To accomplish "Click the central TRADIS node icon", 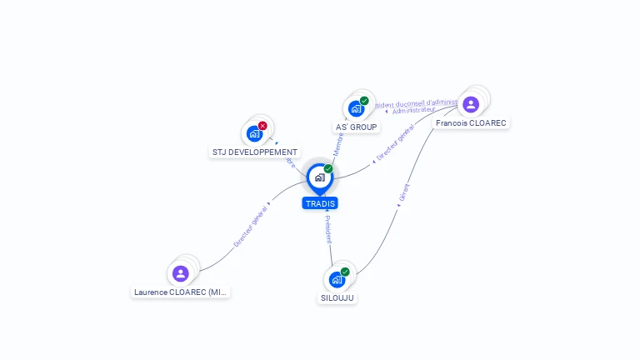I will tap(319, 177).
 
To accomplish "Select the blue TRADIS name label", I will tap(320, 203).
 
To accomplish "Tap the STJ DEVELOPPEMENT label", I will tap(255, 152).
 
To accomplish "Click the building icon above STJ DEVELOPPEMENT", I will tap(254, 133).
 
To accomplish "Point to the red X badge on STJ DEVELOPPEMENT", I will tap(262, 126).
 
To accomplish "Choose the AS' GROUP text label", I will tap(356, 127).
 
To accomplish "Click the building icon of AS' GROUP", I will tap(356, 108).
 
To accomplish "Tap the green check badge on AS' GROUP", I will tap(364, 101).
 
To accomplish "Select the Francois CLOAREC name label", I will tap(472, 122).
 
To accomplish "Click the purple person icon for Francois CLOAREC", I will tap(471, 104).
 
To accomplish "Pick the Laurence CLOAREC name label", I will tap(181, 292).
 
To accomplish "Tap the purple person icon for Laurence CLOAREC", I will tap(181, 273).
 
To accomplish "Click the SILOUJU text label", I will tap(337, 297).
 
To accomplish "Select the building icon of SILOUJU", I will tap(337, 279).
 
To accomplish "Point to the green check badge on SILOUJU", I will tap(345, 272).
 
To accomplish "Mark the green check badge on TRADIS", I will tap(328, 168).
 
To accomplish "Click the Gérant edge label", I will tap(405, 193).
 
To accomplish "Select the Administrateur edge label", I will tap(413, 110).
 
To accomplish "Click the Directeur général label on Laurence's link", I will tap(251, 226).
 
